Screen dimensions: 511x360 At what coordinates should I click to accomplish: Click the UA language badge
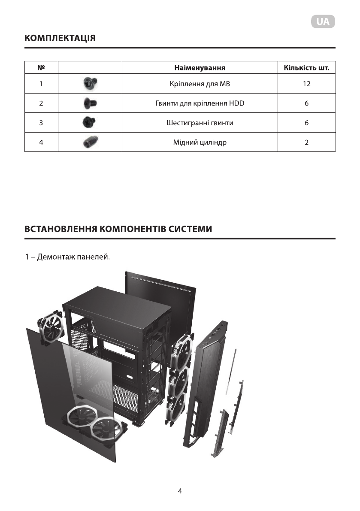pyautogui.click(x=323, y=22)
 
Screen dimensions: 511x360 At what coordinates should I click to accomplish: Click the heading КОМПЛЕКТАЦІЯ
pyautogui.click(x=60, y=38)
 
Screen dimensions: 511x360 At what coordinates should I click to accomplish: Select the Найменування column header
pyautogui.click(x=200, y=68)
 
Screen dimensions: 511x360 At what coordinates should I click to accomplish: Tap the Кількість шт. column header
pyautogui.click(x=306, y=68)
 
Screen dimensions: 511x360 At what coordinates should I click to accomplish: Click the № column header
pyautogui.click(x=41, y=68)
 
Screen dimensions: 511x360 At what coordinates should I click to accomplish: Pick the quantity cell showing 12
pyautogui.click(x=306, y=84)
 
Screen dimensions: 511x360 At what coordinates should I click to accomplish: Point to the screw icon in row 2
pyautogui.click(x=90, y=103)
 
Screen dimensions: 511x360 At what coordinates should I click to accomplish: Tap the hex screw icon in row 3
pyautogui.click(x=89, y=123)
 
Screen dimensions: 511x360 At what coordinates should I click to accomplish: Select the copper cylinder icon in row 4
pyautogui.click(x=90, y=142)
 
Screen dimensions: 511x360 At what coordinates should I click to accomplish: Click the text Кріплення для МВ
pyautogui.click(x=200, y=84)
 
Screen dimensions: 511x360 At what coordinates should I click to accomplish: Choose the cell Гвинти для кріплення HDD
pyautogui.click(x=200, y=103)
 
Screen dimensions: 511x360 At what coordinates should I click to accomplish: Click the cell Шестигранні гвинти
pyautogui.click(x=200, y=123)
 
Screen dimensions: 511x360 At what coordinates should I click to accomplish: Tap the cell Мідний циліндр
pyautogui.click(x=200, y=142)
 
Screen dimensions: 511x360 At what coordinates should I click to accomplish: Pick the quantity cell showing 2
pyautogui.click(x=306, y=142)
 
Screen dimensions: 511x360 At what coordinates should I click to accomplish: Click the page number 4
pyautogui.click(x=180, y=492)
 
